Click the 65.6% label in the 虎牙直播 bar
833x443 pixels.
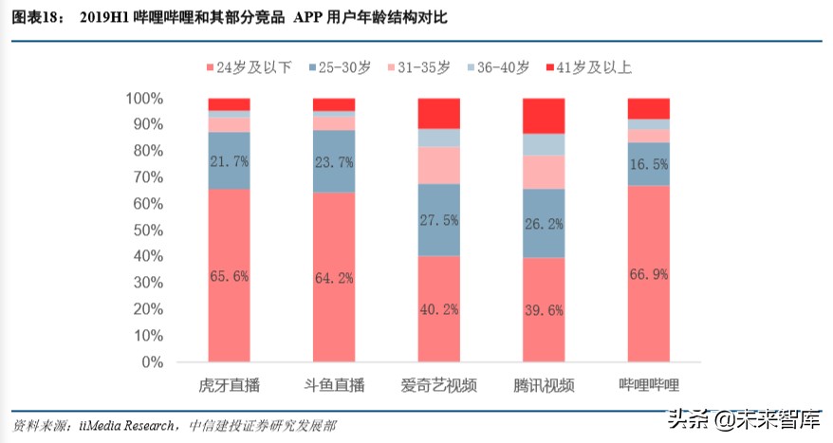pyautogui.click(x=229, y=276)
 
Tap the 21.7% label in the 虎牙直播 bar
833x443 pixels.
pyautogui.click(x=229, y=161)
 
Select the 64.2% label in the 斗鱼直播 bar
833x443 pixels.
pyautogui.click(x=334, y=278)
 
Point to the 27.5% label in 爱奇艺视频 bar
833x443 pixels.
pyautogui.click(x=439, y=219)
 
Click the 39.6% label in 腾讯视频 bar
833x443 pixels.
pyautogui.click(x=544, y=310)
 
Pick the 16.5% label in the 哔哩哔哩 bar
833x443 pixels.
pyautogui.click(x=649, y=163)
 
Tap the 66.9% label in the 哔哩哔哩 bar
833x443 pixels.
pyautogui.click(x=649, y=274)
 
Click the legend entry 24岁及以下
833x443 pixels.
pyautogui.click(x=250, y=66)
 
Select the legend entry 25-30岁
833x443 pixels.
pyautogui.click(x=341, y=66)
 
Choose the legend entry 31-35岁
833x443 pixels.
pyautogui.click(x=421, y=66)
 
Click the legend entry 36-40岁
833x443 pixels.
pyautogui.click(x=503, y=66)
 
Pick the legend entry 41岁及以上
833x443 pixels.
pyautogui.click(x=593, y=66)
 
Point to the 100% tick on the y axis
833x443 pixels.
pyautogui.click(x=144, y=99)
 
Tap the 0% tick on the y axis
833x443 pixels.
pyautogui.click(x=152, y=362)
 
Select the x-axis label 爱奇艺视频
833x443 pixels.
pyautogui.click(x=439, y=385)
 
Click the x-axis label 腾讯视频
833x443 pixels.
pyautogui.click(x=544, y=385)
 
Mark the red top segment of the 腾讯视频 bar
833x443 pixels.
pyautogui.click(x=544, y=116)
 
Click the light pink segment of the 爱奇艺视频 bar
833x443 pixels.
pyautogui.click(x=439, y=165)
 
